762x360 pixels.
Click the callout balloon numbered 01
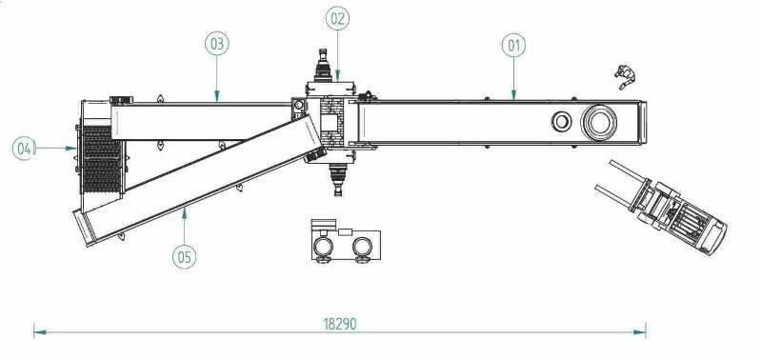[513, 46]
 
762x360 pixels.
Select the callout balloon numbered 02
[337, 18]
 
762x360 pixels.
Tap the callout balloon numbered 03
[217, 44]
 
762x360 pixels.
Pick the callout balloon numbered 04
[25, 149]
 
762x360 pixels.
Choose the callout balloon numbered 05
[185, 256]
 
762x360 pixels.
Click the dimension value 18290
[340, 324]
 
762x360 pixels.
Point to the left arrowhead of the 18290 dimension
[40, 332]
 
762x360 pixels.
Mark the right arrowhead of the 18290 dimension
[639, 332]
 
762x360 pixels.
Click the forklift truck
[662, 207]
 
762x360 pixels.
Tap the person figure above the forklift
[626, 76]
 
